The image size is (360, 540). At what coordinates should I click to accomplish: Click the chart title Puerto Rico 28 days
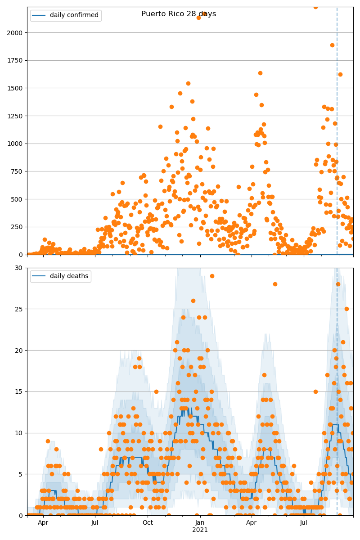pyautogui.click(x=179, y=14)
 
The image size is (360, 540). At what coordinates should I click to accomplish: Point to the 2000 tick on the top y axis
pyautogui.click(x=17, y=33)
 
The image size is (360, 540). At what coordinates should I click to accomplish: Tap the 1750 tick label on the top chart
pyautogui.click(x=17, y=60)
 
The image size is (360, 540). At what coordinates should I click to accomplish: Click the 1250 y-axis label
pyautogui.click(x=17, y=116)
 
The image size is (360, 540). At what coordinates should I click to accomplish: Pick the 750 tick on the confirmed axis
pyautogui.click(x=18, y=171)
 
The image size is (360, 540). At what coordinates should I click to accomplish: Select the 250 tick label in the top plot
pyautogui.click(x=18, y=227)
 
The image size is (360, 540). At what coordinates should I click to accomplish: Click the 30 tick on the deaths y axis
pyautogui.click(x=20, y=268)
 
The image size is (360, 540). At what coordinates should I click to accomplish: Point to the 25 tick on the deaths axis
pyautogui.click(x=20, y=309)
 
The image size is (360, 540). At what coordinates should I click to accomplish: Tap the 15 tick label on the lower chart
pyautogui.click(x=20, y=391)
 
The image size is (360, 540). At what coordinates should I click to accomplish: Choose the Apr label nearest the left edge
pyautogui.click(x=43, y=523)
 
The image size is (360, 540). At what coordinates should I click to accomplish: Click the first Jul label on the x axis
pyautogui.click(x=95, y=523)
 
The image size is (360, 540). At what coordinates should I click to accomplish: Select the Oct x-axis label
pyautogui.click(x=148, y=523)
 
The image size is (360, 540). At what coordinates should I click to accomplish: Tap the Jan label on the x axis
pyautogui.click(x=200, y=523)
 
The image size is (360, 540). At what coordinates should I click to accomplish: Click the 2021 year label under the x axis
pyautogui.click(x=200, y=530)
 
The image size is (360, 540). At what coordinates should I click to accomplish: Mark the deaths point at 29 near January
pyautogui.click(x=212, y=276)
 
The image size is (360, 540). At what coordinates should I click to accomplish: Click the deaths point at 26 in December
pyautogui.click(x=193, y=301)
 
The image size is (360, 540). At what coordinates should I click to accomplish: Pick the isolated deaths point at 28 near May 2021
pyautogui.click(x=275, y=284)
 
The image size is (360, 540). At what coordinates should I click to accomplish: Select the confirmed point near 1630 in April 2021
pyautogui.click(x=260, y=73)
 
